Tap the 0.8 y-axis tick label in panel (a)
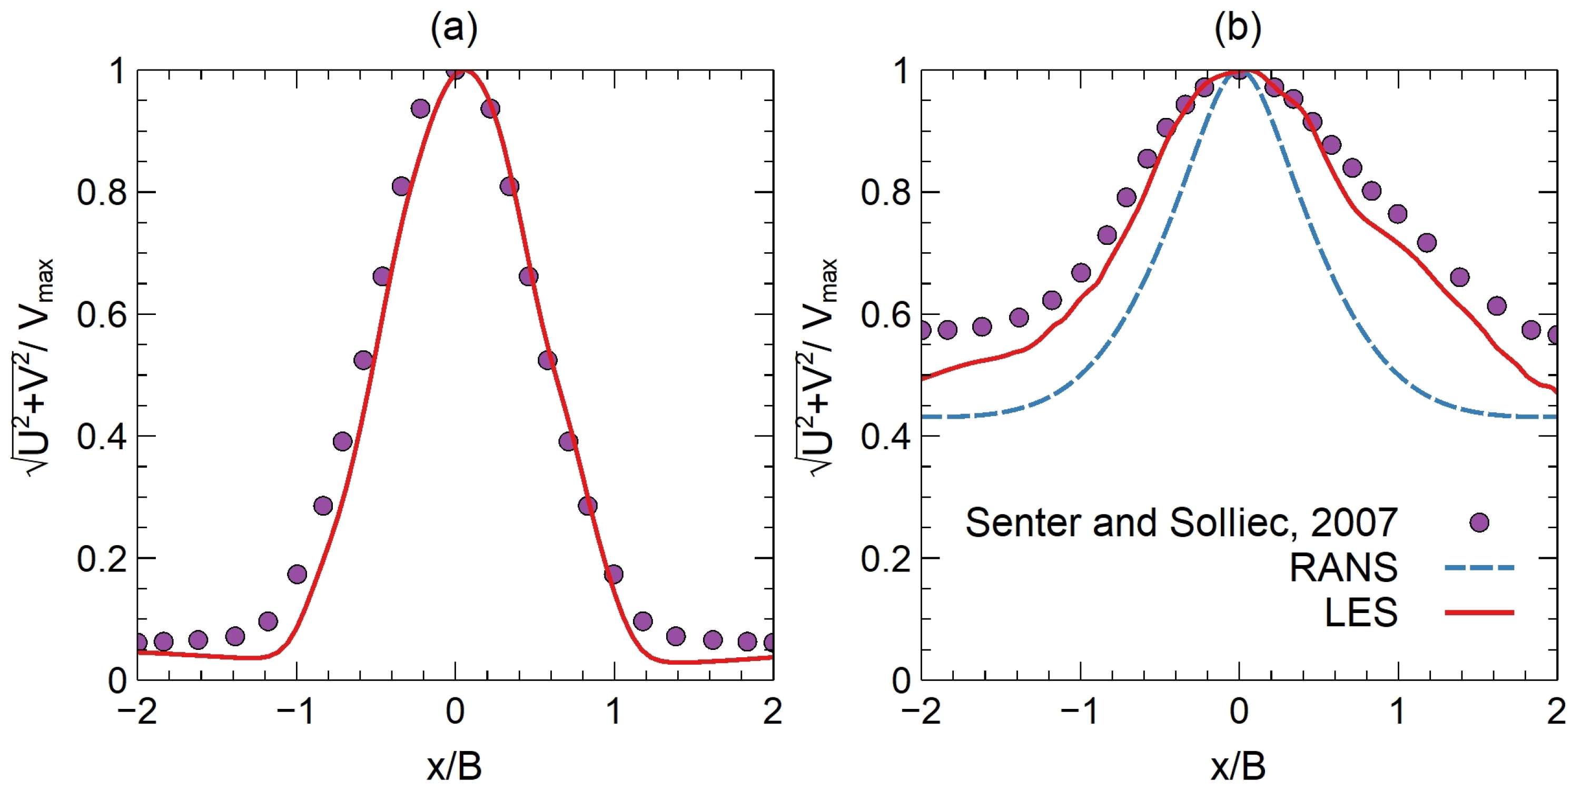(x=101, y=192)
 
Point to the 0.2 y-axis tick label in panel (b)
(x=886, y=559)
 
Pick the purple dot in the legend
(x=1480, y=523)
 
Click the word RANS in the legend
(x=1343, y=568)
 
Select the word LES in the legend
(x=1361, y=613)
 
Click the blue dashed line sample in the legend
(x=1480, y=568)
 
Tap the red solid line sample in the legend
(x=1480, y=613)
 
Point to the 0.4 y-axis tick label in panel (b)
(x=886, y=437)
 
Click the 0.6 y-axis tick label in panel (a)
(x=101, y=314)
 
